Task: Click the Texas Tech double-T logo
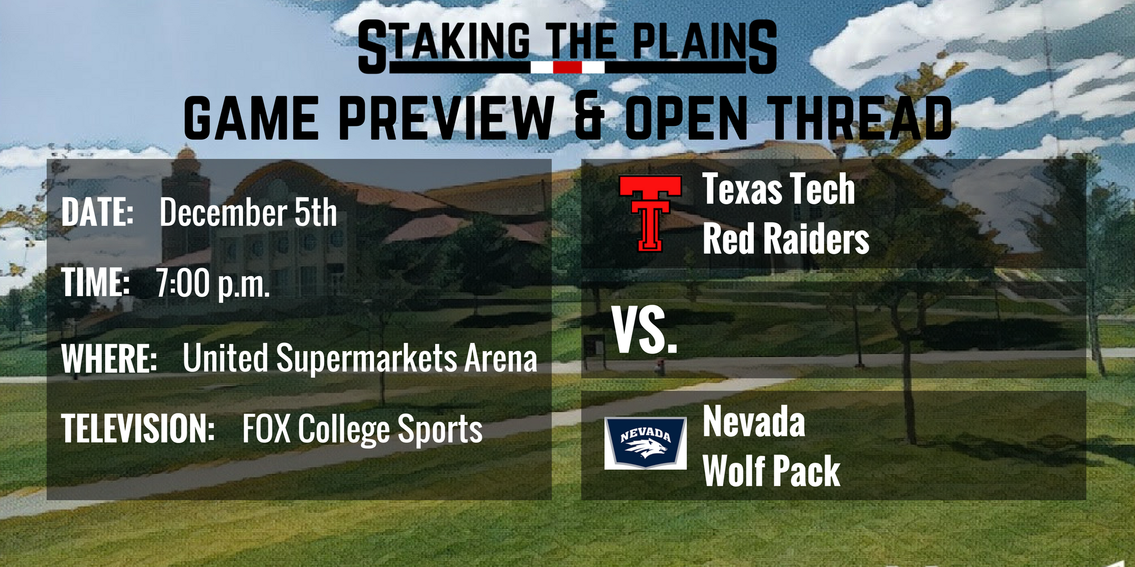coord(650,213)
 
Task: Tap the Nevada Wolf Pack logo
coord(645,443)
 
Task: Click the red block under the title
coord(567,67)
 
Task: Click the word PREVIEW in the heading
coord(446,117)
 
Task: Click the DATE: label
coord(97,212)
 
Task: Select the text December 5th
coord(248,213)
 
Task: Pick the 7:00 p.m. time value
coord(213,283)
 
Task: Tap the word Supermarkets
coord(367,359)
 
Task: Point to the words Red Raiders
coord(786,239)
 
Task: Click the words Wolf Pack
coord(771,471)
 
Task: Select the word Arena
coord(501,359)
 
